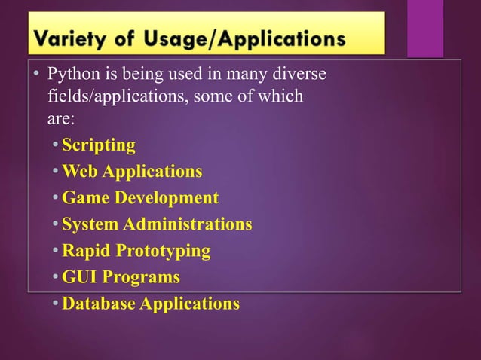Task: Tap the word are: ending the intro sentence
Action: [x=62, y=118]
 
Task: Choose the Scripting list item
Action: [x=98, y=145]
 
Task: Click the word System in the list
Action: [x=90, y=224]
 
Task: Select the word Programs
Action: [x=141, y=277]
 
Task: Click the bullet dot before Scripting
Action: [x=57, y=145]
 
